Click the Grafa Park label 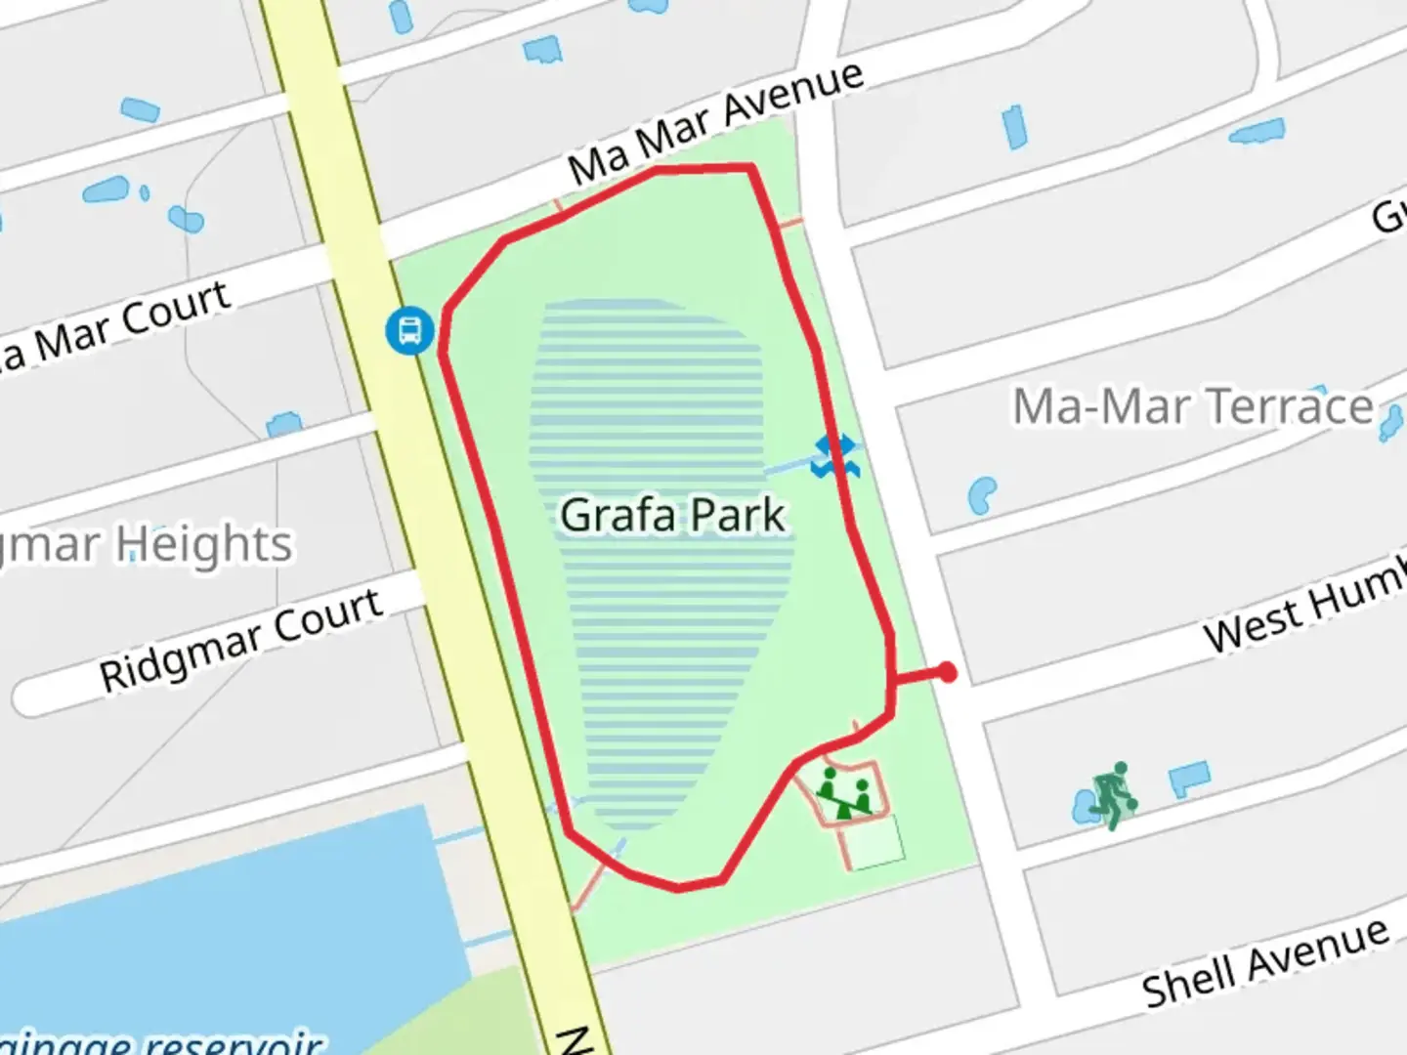click(x=672, y=515)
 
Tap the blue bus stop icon click(x=409, y=330)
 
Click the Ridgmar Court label click(x=241, y=640)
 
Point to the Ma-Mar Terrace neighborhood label click(x=1192, y=406)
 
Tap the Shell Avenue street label click(x=1265, y=963)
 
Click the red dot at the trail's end click(x=947, y=672)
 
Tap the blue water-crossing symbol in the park click(x=834, y=456)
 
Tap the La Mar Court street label click(x=117, y=327)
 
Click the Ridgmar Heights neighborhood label click(x=147, y=545)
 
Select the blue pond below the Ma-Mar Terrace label click(x=981, y=494)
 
